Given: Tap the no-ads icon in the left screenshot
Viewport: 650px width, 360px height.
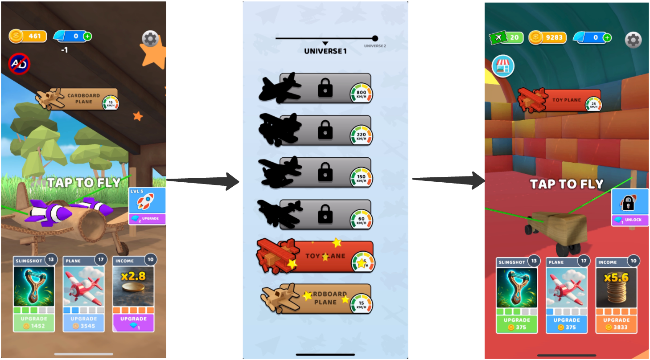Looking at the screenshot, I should click(19, 64).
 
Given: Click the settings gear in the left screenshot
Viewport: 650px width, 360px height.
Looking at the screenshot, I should click(150, 39).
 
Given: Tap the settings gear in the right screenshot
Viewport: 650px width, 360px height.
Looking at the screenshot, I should click(633, 40).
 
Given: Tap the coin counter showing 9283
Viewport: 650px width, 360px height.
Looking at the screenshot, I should click(548, 38).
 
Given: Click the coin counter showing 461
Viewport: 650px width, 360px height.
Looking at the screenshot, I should click(28, 36).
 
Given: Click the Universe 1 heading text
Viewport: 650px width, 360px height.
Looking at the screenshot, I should click(325, 51).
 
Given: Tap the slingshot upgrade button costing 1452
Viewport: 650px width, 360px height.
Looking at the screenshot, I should click(34, 322).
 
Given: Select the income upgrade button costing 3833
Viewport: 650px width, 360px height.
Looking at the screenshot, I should click(616, 323).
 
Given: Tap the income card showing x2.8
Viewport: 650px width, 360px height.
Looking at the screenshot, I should click(133, 286).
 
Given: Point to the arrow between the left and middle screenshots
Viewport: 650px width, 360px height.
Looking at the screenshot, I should click(203, 180).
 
